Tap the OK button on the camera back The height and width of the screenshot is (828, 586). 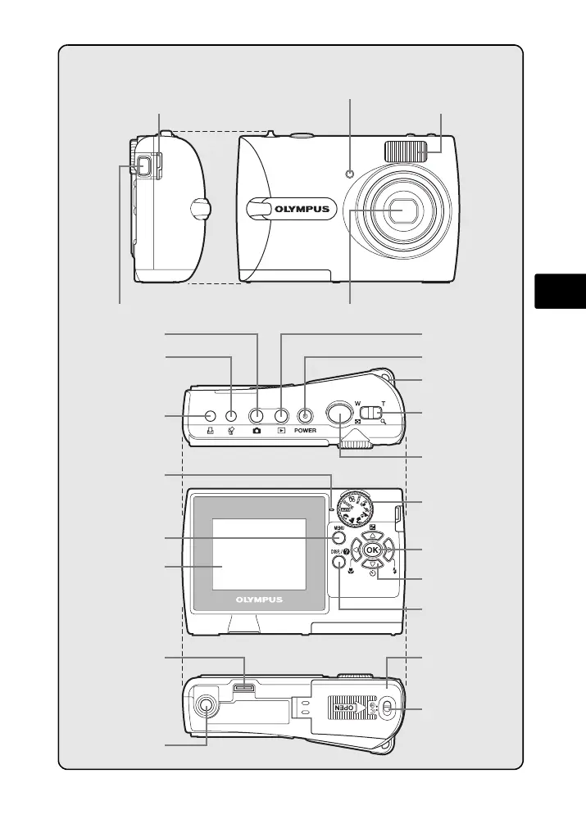[371, 549]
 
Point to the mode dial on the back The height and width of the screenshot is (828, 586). [357, 508]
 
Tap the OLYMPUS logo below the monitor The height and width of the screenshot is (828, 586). [259, 599]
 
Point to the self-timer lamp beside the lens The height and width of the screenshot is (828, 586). [350, 174]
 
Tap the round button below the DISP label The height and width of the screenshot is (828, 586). [336, 563]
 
